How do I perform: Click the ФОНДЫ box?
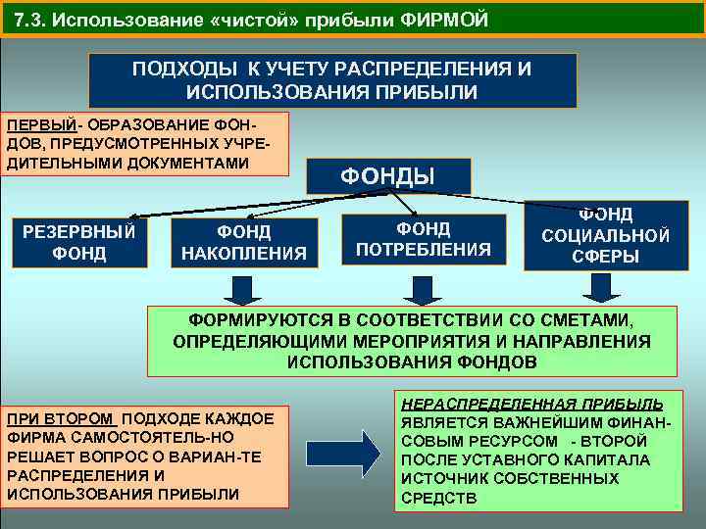click(387, 176)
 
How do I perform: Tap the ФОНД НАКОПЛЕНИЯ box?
click(244, 242)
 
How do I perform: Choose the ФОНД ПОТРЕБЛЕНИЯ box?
click(423, 239)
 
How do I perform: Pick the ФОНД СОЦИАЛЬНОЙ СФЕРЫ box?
click(605, 235)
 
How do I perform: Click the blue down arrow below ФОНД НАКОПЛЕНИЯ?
click(240, 289)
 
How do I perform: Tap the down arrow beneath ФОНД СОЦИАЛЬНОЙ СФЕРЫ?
click(599, 287)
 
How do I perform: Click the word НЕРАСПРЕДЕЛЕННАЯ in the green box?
click(468, 404)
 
